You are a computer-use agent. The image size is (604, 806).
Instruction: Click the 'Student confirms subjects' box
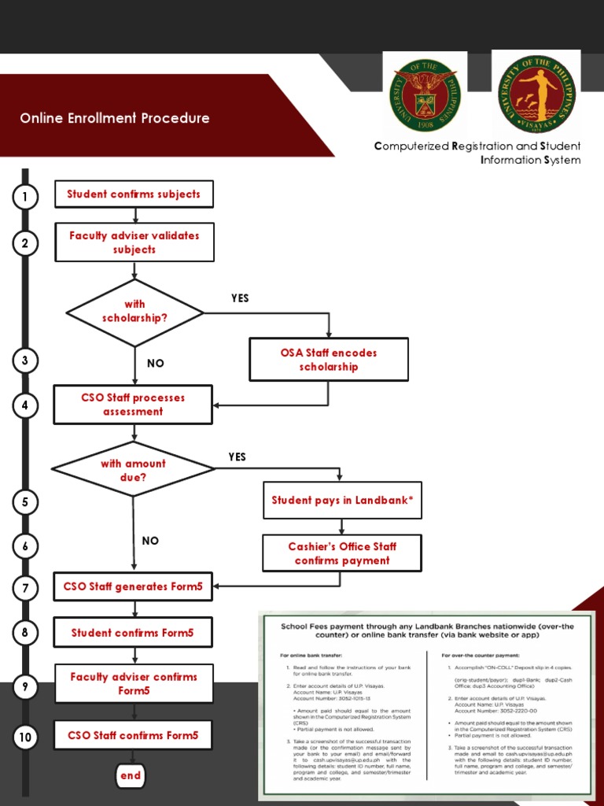134,194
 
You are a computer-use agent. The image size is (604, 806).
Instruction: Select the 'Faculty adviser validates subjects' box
134,242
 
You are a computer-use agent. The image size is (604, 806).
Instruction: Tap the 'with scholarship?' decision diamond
134,312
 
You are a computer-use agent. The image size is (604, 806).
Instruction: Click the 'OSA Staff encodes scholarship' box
329,360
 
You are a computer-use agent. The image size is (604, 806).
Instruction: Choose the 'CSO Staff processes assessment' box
133,405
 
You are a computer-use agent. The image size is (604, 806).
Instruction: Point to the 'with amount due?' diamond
133,470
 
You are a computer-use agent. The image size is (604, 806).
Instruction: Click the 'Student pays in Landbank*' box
342,501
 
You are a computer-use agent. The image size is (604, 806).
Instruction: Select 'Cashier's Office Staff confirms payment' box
342,553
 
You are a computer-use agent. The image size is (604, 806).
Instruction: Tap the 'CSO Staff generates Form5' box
133,586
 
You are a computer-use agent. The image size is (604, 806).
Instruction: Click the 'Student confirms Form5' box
132,632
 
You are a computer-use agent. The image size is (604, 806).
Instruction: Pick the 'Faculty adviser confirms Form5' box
134,683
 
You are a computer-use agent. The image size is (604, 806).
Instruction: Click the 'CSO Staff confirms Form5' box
133,736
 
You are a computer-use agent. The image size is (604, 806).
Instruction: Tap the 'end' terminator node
131,775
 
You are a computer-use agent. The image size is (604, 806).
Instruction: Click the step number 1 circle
25,197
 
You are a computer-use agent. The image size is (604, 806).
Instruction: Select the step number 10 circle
25,738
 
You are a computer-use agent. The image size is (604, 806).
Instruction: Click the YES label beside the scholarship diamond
240,298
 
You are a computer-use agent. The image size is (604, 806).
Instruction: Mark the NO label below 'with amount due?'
150,541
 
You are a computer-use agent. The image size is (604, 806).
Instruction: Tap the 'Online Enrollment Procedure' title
115,119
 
